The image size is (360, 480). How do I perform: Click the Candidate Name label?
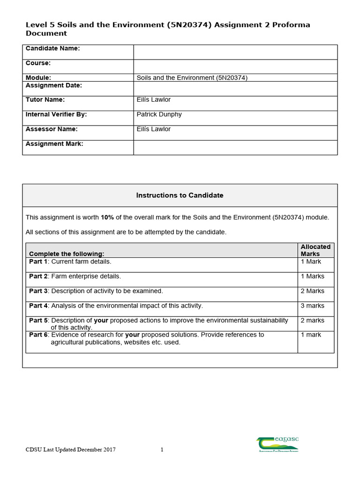[x=52, y=48]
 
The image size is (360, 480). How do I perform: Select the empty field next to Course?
[x=235, y=67]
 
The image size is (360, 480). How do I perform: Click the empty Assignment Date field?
[x=235, y=89]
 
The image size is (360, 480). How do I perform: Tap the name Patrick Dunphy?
[x=159, y=114]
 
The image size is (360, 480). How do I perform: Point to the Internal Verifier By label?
[x=56, y=114]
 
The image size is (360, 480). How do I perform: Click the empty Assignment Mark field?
[x=235, y=147]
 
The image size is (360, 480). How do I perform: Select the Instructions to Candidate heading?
[x=180, y=195]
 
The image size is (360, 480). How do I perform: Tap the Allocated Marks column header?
[x=315, y=250]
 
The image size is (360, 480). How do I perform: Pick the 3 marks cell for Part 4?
[x=312, y=306]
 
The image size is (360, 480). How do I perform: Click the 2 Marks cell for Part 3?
[x=312, y=291]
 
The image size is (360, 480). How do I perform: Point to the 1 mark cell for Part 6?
[x=311, y=335]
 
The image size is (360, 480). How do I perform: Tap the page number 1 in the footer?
[x=162, y=450]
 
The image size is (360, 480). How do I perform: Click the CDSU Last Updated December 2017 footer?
[x=70, y=450]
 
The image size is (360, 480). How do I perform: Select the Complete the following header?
[x=67, y=254]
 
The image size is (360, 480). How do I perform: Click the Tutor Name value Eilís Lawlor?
[x=153, y=100]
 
